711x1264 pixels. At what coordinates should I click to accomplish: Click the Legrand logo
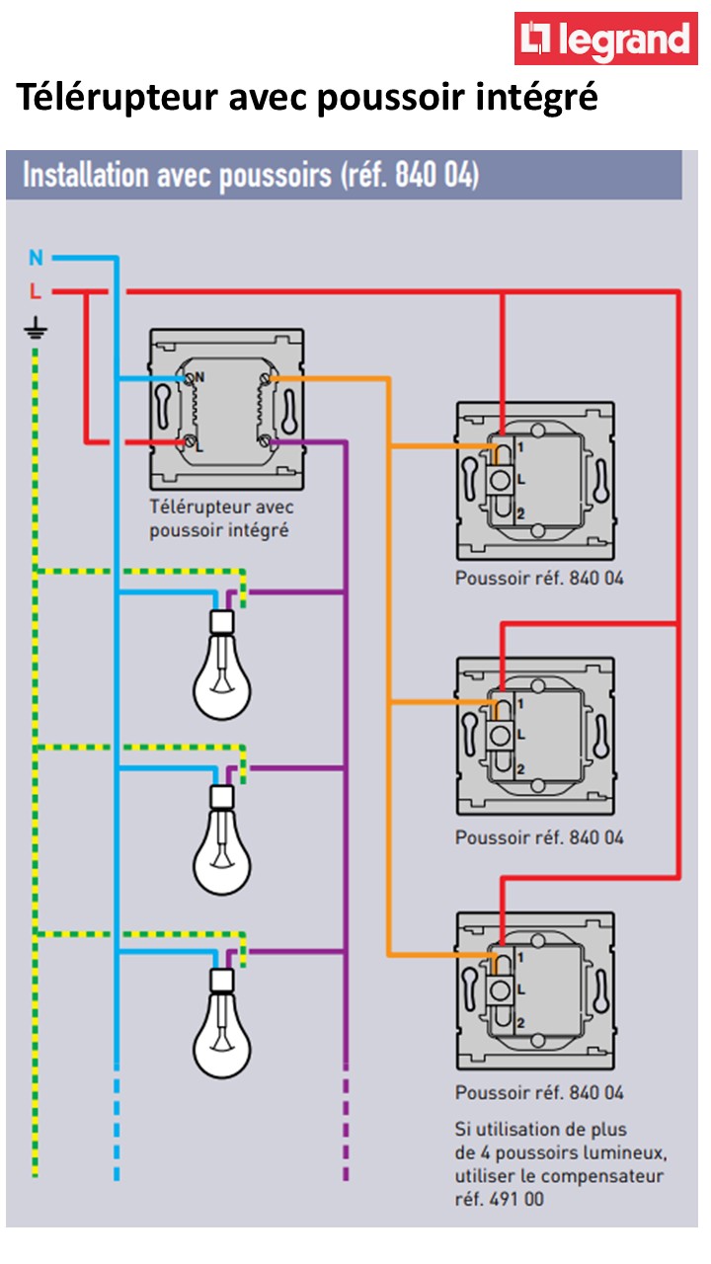[x=605, y=39]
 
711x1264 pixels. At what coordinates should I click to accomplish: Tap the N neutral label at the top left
[x=37, y=259]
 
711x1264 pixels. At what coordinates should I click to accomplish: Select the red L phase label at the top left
[x=36, y=292]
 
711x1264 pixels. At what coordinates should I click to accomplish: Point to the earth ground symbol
[x=35, y=330]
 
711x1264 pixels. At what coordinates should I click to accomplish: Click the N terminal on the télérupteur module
[x=198, y=376]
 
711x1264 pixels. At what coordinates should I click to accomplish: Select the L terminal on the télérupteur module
[x=199, y=447]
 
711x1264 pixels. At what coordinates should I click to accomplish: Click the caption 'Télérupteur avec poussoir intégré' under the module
[x=221, y=518]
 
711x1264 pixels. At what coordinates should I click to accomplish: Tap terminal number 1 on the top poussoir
[x=519, y=447]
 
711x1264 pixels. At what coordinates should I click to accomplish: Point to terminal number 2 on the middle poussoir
[x=520, y=768]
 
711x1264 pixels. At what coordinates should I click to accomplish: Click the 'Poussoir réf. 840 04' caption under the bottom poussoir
[x=539, y=1093]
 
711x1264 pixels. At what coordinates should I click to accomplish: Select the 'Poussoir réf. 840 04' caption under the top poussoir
[x=539, y=579]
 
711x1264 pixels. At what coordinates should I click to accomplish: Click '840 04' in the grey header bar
[x=436, y=177]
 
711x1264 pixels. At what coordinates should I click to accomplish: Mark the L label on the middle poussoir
[x=520, y=735]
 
